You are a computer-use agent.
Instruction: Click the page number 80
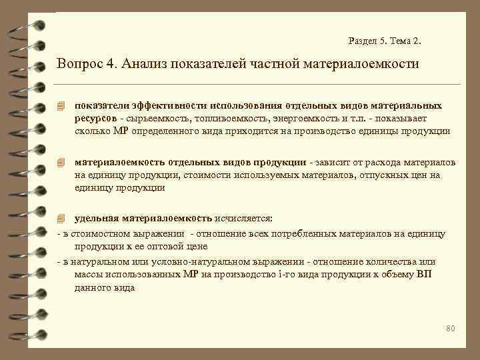(x=449, y=328)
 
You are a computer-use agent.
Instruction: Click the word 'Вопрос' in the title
(x=79, y=65)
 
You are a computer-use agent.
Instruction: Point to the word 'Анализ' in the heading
(x=146, y=65)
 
